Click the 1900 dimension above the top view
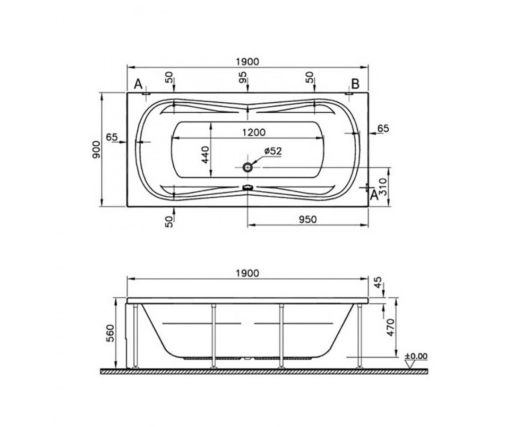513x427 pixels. pyautogui.click(x=248, y=61)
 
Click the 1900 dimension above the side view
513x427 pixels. pyautogui.click(x=248, y=273)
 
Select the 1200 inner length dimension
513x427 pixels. pyautogui.click(x=254, y=132)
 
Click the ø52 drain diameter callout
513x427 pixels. pyautogui.click(x=273, y=151)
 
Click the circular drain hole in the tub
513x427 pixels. pyautogui.click(x=248, y=167)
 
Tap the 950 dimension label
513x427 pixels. pyautogui.click(x=308, y=219)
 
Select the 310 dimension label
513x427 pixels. pyautogui.click(x=383, y=187)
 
